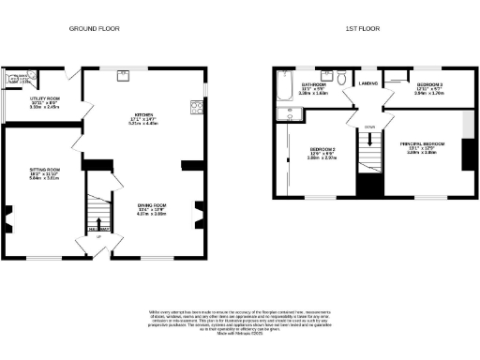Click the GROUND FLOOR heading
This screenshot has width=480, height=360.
coord(94,30)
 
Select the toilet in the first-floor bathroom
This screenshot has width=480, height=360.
coord(326,75)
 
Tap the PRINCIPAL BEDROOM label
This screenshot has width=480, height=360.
coord(421,145)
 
